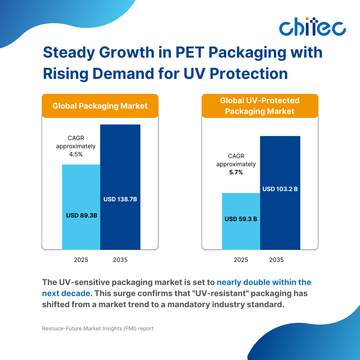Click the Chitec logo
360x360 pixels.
click(x=312, y=27)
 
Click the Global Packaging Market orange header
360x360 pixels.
click(x=100, y=106)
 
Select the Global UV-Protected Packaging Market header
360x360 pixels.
click(x=260, y=106)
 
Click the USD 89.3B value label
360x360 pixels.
click(x=82, y=215)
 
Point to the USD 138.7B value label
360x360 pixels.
click(x=120, y=199)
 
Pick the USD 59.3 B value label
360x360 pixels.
click(x=241, y=219)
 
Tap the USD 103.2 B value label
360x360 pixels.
click(x=280, y=189)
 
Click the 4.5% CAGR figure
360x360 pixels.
click(x=76, y=154)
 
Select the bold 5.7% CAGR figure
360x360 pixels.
click(x=236, y=172)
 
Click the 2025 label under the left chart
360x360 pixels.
click(x=81, y=260)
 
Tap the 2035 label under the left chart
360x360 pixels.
click(x=120, y=260)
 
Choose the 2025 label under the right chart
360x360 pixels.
click(x=241, y=260)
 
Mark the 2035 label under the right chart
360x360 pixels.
click(x=276, y=260)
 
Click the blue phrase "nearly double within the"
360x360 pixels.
click(x=264, y=282)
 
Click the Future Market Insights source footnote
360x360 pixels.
click(x=98, y=328)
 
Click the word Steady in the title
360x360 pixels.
click(x=69, y=52)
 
